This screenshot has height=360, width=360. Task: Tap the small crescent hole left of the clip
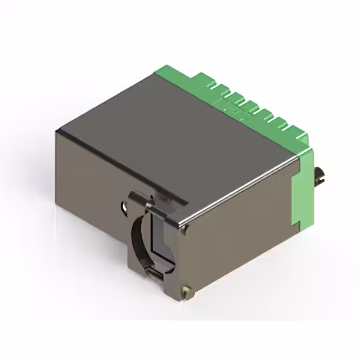pos(123,206)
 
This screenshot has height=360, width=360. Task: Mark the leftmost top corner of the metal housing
pos(58,130)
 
